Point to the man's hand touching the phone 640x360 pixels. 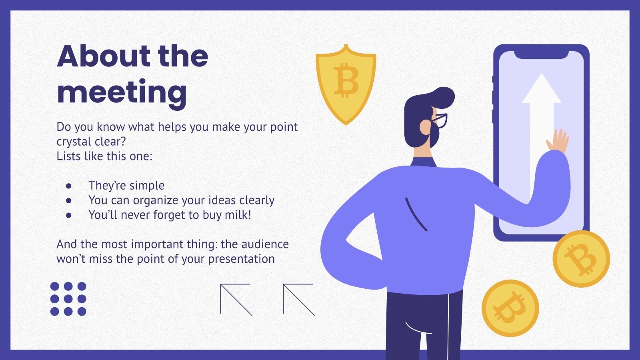(x=558, y=141)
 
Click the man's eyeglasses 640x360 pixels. (x=440, y=120)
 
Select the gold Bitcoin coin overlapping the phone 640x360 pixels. (x=581, y=259)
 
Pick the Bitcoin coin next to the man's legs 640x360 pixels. (x=510, y=308)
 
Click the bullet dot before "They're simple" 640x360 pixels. (x=69, y=186)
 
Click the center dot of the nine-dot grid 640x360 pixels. (x=68, y=298)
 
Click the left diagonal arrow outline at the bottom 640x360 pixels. (x=236, y=299)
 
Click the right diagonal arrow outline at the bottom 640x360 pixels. (x=298, y=299)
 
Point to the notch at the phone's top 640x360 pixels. (x=541, y=55)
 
